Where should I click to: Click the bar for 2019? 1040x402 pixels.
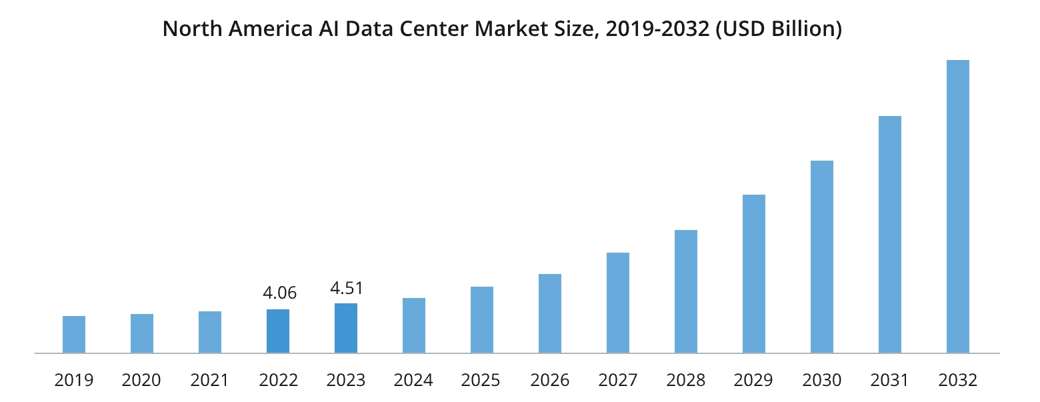74,334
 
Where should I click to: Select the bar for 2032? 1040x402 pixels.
957,206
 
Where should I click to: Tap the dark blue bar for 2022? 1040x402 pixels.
278,331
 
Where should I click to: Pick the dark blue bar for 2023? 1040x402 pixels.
346,328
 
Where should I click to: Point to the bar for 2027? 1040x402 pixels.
618,303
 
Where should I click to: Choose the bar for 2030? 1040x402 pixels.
821,257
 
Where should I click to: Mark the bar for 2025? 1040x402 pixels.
482,319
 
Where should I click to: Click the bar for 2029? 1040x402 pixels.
753,273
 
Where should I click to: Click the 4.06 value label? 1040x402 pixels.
279,293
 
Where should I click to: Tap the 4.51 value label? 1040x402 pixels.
347,289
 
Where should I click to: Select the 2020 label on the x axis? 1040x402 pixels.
141,381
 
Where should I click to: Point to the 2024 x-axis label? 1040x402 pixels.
413,381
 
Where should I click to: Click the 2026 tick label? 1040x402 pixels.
550,381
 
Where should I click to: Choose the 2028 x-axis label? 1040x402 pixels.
686,381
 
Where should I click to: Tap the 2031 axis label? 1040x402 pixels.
889,381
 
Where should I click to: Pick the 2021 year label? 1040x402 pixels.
209,381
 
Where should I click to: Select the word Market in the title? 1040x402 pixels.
509,30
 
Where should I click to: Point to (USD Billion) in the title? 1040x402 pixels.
779,30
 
